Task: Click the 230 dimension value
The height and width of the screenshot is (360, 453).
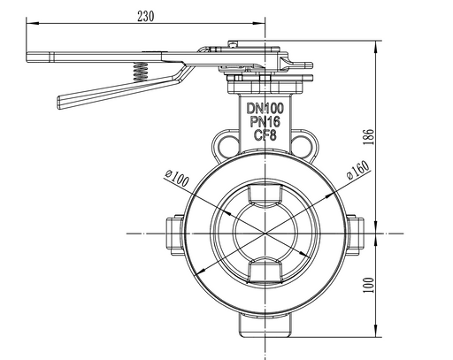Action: [146, 16]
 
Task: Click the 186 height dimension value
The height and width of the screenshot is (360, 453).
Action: [368, 137]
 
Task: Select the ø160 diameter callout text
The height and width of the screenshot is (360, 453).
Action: [358, 170]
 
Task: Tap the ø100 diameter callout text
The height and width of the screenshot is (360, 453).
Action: [177, 178]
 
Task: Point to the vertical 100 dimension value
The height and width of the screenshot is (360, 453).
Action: [368, 285]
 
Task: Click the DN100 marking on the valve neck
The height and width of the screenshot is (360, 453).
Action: [265, 108]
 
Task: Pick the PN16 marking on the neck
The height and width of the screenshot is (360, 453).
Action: [265, 122]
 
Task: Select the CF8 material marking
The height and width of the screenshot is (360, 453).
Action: [265, 135]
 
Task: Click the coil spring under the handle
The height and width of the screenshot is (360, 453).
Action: [141, 72]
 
